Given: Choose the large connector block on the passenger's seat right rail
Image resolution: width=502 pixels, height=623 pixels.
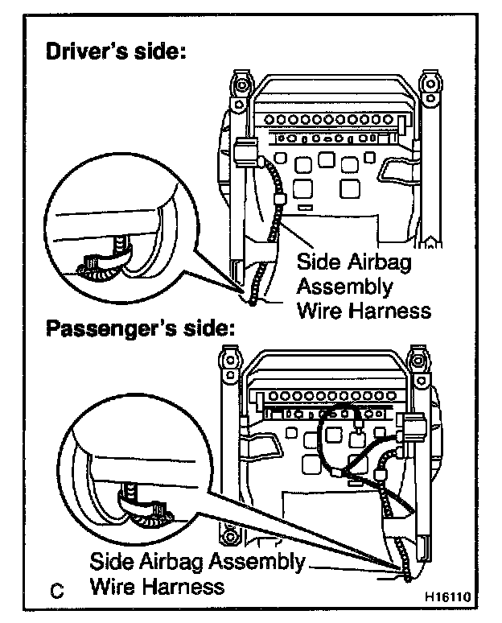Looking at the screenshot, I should point(414,429).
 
